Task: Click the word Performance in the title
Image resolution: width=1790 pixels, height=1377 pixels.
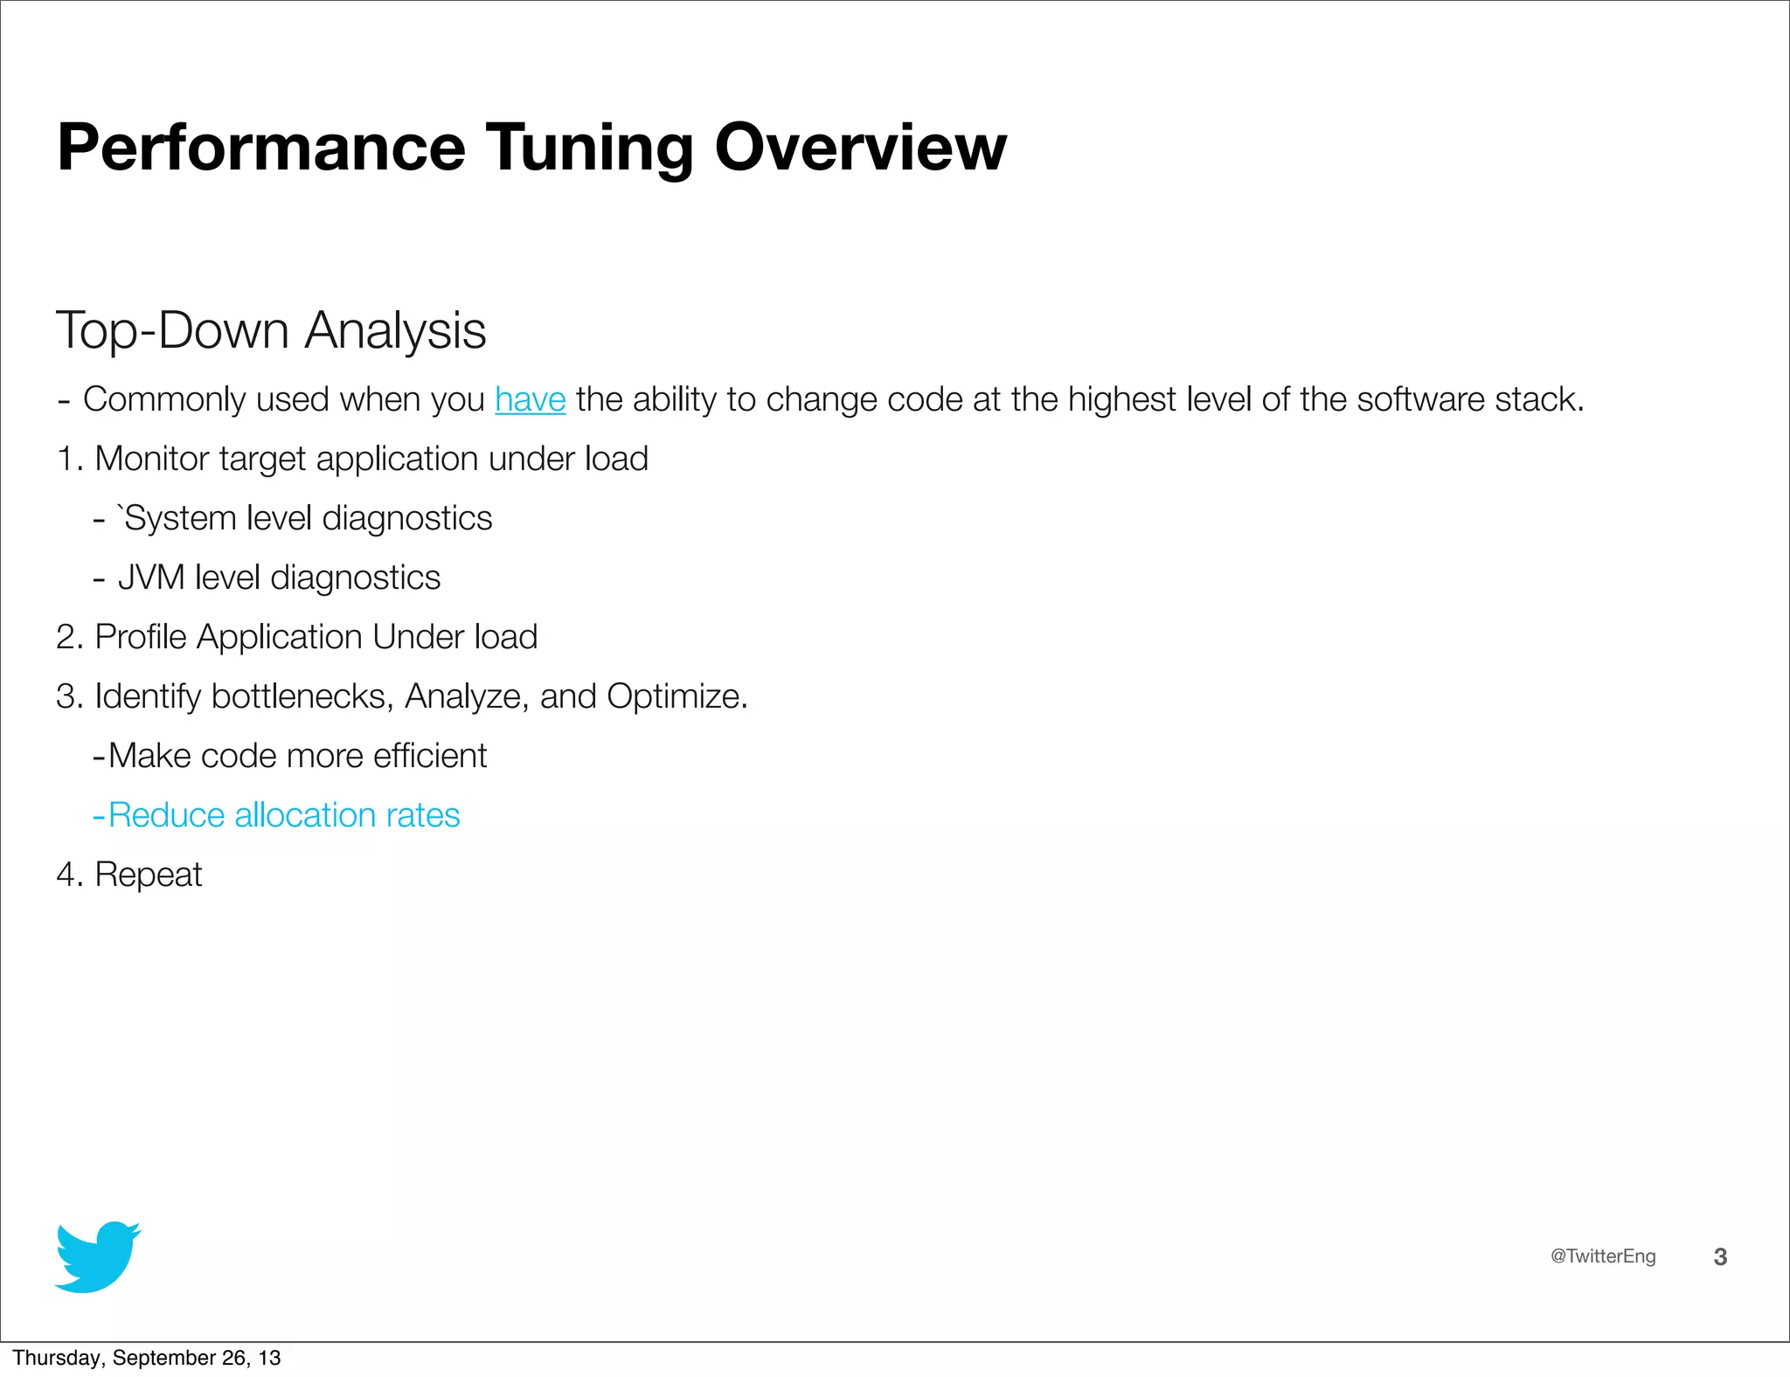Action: click(x=261, y=148)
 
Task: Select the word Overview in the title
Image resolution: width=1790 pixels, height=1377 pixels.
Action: click(x=860, y=148)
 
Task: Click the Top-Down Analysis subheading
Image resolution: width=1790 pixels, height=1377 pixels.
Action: click(x=271, y=330)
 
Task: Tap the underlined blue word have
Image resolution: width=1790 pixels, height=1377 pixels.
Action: click(x=530, y=399)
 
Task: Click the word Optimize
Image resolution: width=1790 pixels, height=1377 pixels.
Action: click(x=676, y=696)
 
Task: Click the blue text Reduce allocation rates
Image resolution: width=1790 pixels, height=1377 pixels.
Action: click(x=283, y=815)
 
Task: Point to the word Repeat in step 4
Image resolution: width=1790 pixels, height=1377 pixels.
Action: click(x=148, y=875)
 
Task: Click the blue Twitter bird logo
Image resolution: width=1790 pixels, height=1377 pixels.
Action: click(x=97, y=1256)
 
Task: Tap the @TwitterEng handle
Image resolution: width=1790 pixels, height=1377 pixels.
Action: click(x=1602, y=1256)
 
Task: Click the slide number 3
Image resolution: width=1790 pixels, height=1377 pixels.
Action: click(x=1720, y=1256)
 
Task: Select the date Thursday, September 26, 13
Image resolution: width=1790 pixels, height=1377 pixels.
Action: click(x=147, y=1358)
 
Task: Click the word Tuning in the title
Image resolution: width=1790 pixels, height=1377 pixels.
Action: click(x=590, y=148)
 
